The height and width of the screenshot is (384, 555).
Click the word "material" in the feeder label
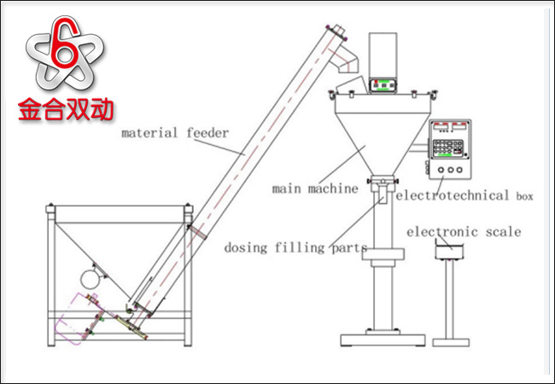point(146,133)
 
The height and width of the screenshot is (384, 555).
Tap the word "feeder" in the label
point(206,133)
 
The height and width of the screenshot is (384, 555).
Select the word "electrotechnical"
point(453,195)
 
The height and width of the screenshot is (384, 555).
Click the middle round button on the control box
point(450,171)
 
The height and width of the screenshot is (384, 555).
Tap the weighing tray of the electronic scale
point(447,249)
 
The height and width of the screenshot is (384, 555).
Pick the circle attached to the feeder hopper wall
point(88,277)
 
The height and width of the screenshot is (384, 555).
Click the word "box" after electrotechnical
point(524,196)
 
